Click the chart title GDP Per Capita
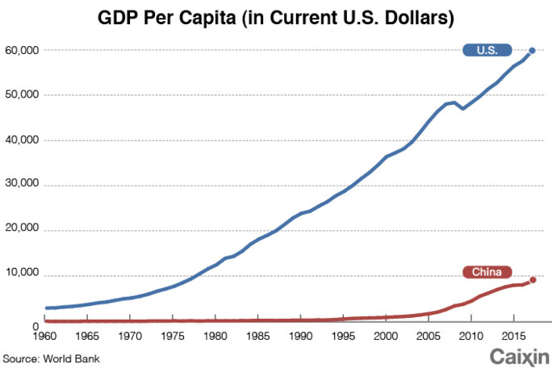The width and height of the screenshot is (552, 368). (x=277, y=16)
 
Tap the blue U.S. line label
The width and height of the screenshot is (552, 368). (x=486, y=50)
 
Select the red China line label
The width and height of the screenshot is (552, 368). (x=487, y=272)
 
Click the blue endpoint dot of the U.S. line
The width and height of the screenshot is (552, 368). (x=532, y=50)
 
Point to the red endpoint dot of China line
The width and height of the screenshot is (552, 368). (x=533, y=280)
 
